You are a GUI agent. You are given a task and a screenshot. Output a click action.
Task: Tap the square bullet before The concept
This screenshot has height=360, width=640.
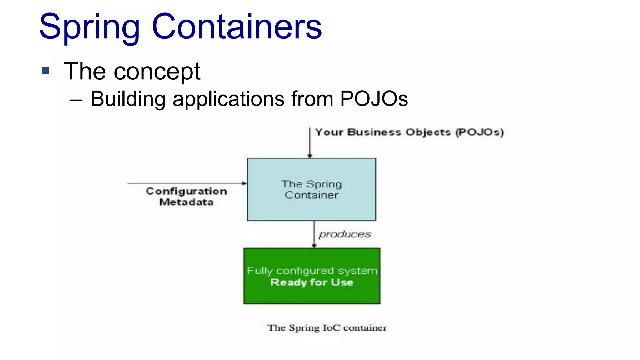[x=45, y=71]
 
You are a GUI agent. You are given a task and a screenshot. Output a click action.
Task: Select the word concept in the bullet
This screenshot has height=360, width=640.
[x=157, y=72]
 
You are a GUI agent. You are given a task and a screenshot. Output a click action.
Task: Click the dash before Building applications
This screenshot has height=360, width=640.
[x=76, y=100]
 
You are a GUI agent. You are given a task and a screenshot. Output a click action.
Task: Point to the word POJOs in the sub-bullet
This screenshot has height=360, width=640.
[x=374, y=99]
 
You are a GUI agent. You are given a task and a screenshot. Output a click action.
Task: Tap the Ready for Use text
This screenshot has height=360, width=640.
[x=312, y=282]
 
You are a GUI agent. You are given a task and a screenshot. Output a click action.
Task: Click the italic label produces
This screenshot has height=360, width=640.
[x=345, y=234]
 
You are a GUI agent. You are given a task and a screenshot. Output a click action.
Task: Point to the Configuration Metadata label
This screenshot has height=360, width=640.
[x=186, y=197]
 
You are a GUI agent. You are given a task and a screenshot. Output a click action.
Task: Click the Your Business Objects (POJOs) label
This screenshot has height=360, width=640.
[x=409, y=132]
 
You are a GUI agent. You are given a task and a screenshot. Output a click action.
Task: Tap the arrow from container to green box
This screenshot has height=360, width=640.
[x=314, y=234]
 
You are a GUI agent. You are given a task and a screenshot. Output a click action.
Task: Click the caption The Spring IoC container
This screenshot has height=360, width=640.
[x=327, y=328]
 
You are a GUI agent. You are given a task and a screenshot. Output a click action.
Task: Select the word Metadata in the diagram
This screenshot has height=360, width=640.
[x=186, y=202]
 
